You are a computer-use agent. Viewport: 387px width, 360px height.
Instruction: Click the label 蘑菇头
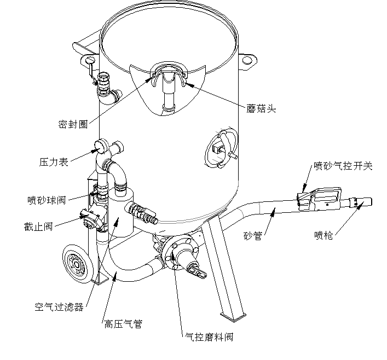261,108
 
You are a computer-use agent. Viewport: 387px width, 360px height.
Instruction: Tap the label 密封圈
73,124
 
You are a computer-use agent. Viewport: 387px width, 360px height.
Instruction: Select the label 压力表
54,162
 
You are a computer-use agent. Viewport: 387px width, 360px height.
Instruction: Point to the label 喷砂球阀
47,200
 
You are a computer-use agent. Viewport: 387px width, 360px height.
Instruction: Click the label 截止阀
38,227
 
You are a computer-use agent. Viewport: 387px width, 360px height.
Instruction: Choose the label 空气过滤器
59,307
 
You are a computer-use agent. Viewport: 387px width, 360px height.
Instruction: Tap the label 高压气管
123,324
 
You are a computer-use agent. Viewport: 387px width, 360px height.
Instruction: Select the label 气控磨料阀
209,337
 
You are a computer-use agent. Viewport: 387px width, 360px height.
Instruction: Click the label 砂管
252,236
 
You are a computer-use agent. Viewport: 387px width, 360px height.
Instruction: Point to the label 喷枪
324,235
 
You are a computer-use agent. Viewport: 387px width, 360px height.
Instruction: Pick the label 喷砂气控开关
343,166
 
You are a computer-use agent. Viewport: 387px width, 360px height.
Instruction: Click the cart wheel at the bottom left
77,264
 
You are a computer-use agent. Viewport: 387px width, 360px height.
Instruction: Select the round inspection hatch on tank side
221,148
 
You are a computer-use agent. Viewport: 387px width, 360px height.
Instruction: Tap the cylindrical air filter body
121,212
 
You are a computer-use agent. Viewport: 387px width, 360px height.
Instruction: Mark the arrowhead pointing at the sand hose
273,211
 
